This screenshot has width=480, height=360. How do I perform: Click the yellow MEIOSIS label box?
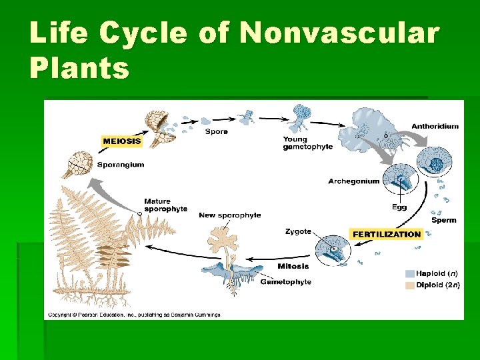point(122,141)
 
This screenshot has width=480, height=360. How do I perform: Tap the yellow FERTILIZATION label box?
point(387,234)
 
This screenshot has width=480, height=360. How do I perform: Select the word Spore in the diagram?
point(216,131)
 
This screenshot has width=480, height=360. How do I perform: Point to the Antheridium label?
point(435,126)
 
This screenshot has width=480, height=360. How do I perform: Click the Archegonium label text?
point(353,181)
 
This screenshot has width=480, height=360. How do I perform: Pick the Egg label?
point(399,207)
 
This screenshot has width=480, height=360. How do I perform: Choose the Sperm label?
point(443,220)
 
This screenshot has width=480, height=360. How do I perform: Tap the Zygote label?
point(298,231)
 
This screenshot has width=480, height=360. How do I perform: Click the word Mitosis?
point(293,267)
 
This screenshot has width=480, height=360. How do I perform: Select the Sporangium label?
point(121,165)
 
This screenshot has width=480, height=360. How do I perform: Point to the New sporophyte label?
point(229,215)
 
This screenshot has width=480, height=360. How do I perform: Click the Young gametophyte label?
point(305,143)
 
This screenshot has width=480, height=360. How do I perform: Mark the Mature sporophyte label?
point(165,205)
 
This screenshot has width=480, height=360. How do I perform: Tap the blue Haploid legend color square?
point(409,273)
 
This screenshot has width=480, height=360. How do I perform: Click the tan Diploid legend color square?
point(409,285)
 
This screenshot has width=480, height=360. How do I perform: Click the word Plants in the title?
point(79,67)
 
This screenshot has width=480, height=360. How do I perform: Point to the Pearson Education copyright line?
point(133,314)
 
